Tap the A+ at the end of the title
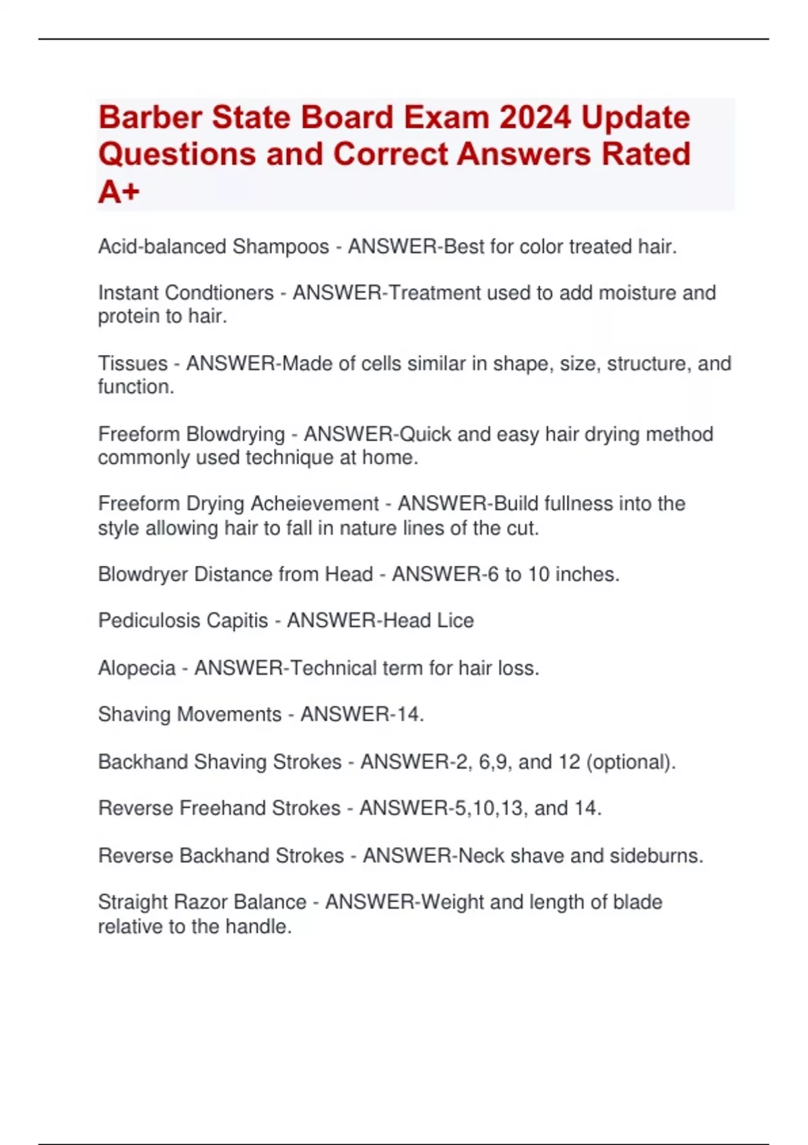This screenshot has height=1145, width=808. pyautogui.click(x=119, y=192)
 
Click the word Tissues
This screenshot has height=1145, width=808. pyautogui.click(x=133, y=364)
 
